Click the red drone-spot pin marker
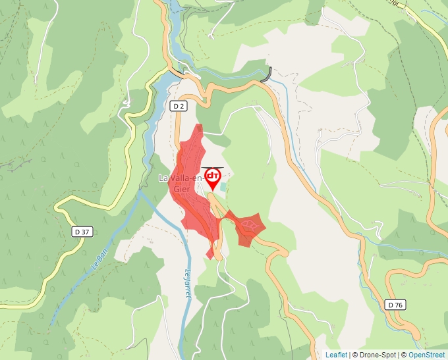click(x=213, y=177)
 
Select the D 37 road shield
click(x=82, y=232)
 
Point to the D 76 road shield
click(x=395, y=305)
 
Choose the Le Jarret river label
click(x=188, y=285)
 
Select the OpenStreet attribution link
click(x=428, y=355)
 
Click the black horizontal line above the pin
click(x=212, y=167)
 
